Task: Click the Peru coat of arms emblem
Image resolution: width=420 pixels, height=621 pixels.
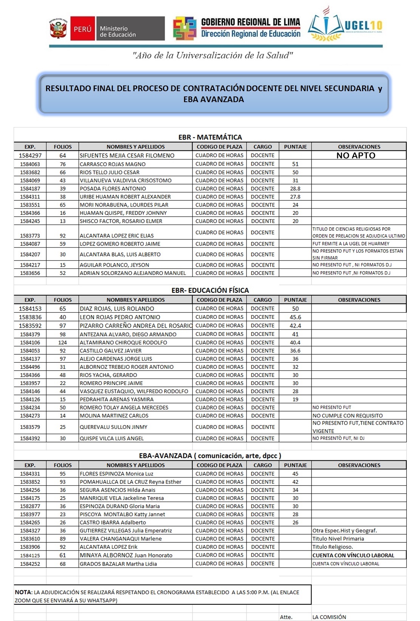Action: pyautogui.click(x=59, y=29)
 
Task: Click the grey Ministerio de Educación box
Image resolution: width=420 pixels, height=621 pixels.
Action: pyautogui.click(x=130, y=28)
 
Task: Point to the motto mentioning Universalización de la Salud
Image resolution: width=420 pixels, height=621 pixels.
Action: pyautogui.click(x=213, y=55)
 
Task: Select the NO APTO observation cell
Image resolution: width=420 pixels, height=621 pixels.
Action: pyautogui.click(x=356, y=155)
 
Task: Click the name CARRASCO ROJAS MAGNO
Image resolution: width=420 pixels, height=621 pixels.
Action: pyautogui.click(x=113, y=164)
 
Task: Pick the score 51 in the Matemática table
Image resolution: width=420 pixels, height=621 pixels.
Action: pyautogui.click(x=295, y=164)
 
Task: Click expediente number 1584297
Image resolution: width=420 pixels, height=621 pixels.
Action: pyautogui.click(x=30, y=155)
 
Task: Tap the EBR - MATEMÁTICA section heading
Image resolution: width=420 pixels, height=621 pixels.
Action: pyautogui.click(x=210, y=137)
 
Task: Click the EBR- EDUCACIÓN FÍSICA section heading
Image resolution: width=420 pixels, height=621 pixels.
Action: pyautogui.click(x=210, y=290)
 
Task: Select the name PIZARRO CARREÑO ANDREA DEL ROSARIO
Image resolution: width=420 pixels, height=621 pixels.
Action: pyautogui.click(x=136, y=326)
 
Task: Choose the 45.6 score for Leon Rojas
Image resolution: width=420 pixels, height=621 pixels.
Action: pyautogui.click(x=295, y=317)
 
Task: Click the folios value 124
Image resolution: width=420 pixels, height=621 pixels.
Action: pyautogui.click(x=62, y=343)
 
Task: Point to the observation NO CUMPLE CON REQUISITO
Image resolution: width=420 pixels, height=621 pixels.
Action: pyautogui.click(x=347, y=416)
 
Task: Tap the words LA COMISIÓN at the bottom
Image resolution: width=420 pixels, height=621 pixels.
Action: pyautogui.click(x=329, y=617)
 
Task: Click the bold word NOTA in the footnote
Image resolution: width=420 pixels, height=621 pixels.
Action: pyautogui.click(x=23, y=592)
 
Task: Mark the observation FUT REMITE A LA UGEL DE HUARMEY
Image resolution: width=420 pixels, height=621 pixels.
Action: pyautogui.click(x=351, y=244)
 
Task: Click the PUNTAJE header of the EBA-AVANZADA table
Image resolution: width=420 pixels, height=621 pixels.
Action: pyautogui.click(x=295, y=465)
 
